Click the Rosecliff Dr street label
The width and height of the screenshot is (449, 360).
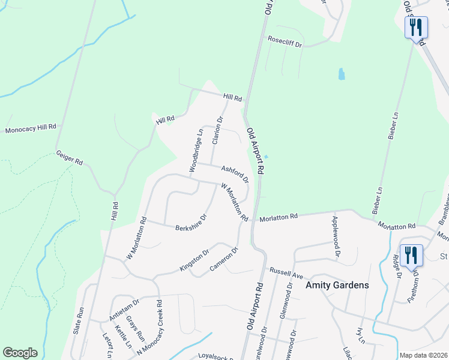click(285, 43)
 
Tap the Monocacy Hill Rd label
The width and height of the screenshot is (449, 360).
click(31, 128)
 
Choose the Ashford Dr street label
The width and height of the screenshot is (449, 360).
click(234, 174)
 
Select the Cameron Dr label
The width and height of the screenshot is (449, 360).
click(224, 258)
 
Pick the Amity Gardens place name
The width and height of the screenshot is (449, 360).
click(337, 286)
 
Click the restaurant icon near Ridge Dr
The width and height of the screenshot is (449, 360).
click(411, 254)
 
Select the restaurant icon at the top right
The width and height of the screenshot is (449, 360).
click(415, 28)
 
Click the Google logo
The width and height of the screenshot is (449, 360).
click(20, 353)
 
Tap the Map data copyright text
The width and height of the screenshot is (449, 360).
click(423, 355)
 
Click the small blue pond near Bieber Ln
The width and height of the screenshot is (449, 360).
click(342, 74)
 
